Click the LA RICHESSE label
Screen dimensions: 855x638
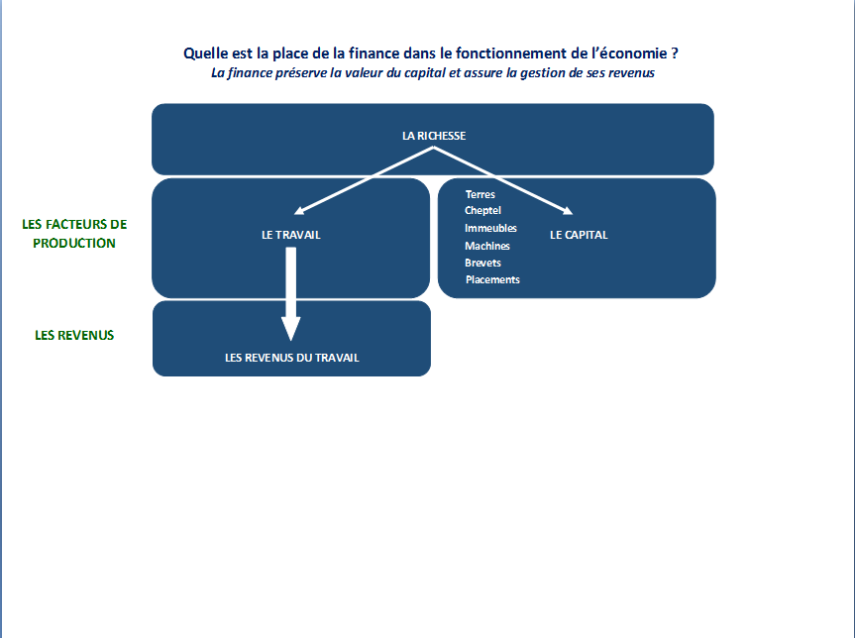tap(434, 136)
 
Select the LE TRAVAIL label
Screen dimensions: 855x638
tap(291, 235)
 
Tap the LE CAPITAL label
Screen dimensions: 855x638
tap(579, 235)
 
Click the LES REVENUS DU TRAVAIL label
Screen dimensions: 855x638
tap(291, 358)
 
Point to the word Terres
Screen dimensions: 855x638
tap(481, 194)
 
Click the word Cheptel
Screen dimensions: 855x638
tap(482, 210)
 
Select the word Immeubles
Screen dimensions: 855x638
tap(490, 228)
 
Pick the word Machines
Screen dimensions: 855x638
tap(487, 246)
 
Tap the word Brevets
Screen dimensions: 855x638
tap(482, 263)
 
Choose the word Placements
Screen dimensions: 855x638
tap(492, 279)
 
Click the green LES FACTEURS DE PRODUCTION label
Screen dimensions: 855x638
tap(74, 234)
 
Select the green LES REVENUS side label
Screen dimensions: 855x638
tap(74, 335)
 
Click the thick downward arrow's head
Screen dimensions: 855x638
tap(290, 329)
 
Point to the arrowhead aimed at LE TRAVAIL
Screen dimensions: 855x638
tap(298, 211)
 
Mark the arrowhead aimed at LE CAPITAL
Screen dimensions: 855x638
tap(568, 210)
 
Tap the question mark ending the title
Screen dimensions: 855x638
tap(675, 53)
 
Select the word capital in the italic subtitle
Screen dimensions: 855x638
tap(425, 73)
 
